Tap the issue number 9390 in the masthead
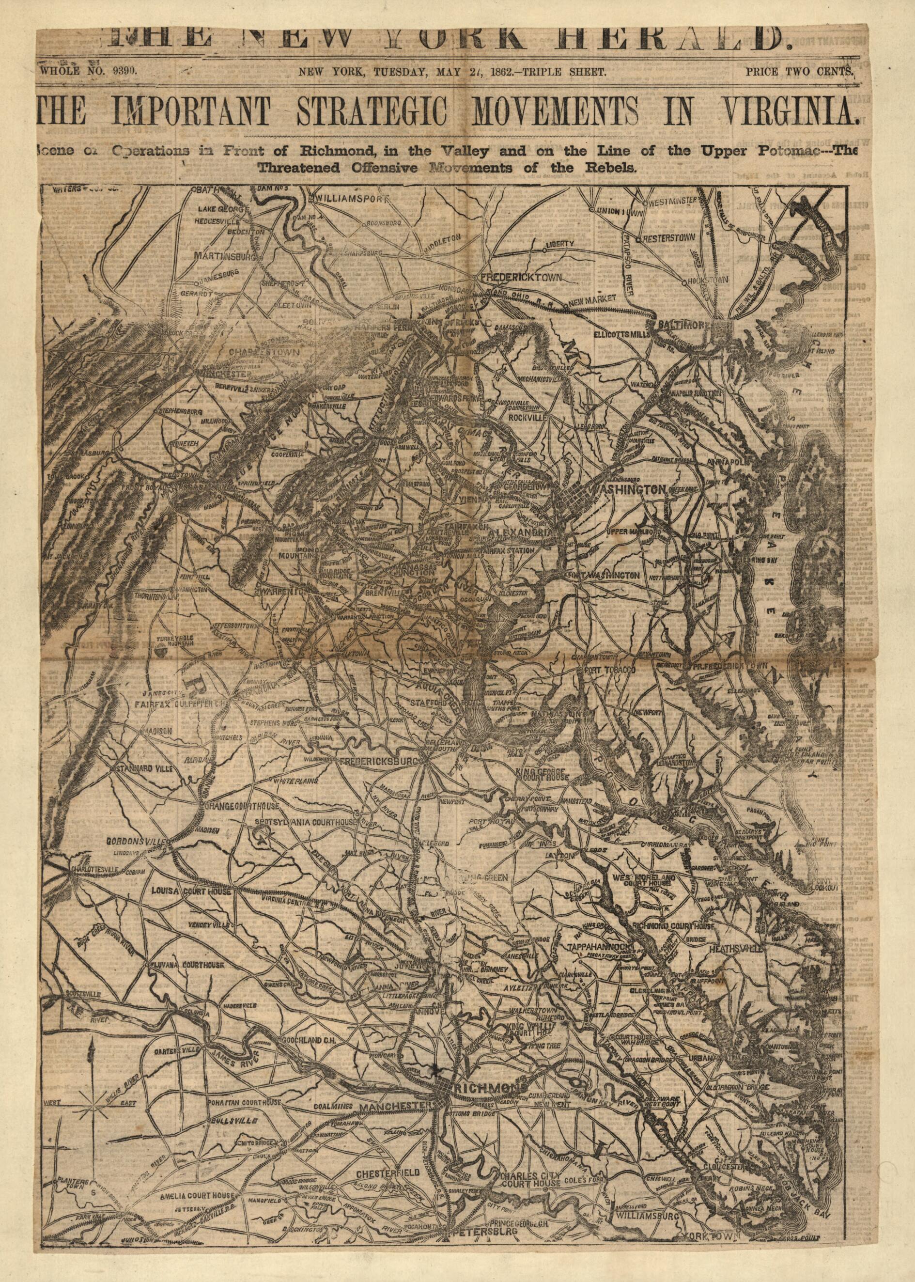[x=121, y=71]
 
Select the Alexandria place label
[x=524, y=532]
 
